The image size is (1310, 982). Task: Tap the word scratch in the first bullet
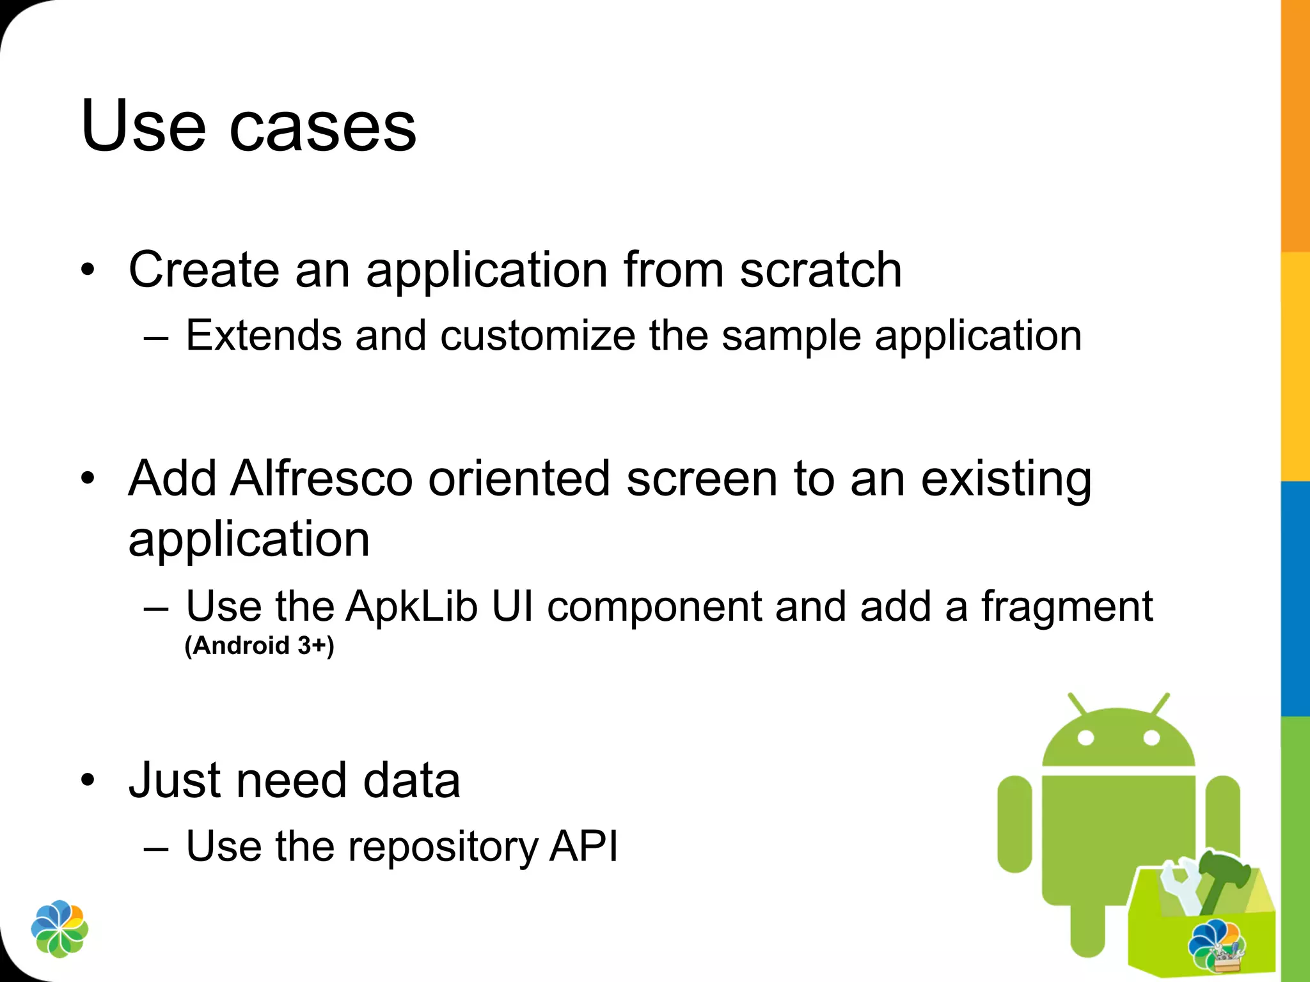point(821,270)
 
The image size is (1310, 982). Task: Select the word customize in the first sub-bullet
point(537,336)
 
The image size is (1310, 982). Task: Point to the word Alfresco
point(322,478)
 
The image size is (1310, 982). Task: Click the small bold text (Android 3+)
point(259,646)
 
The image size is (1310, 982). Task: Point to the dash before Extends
point(157,337)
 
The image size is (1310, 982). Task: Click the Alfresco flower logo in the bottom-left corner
point(59,929)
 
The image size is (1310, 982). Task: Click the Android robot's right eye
point(1151,738)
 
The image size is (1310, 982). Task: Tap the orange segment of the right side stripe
point(1295,128)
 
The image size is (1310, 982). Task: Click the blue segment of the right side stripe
point(1295,598)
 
